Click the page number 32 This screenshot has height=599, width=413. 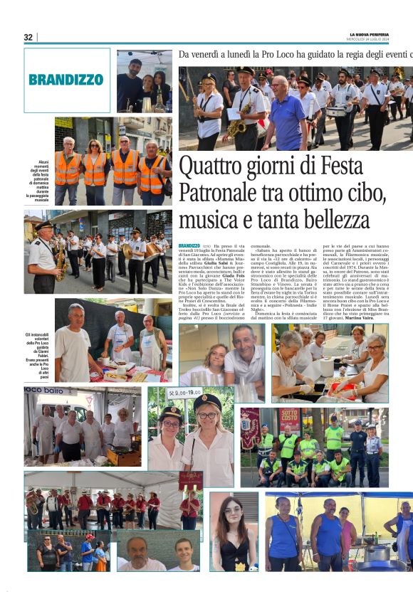pos(28,37)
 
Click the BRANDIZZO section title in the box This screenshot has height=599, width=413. pos(66,80)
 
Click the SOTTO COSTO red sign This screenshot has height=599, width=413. pos(289,420)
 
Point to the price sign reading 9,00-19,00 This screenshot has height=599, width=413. pos(184,392)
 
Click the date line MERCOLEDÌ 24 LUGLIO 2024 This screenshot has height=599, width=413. pos(375,40)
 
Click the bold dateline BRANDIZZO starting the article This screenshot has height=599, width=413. pos(189,245)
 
